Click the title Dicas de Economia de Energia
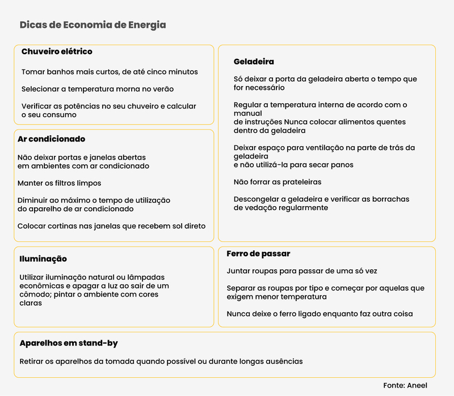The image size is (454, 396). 93,25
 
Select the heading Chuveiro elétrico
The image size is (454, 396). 57,52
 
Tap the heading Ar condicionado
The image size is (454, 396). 51,139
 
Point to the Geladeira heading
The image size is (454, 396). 254,61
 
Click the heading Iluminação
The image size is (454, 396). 43,259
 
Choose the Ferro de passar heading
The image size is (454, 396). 258,254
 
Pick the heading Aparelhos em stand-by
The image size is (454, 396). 69,344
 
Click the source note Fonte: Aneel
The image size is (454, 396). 405,385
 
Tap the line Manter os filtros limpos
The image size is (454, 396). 60,183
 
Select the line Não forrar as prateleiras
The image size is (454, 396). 278,182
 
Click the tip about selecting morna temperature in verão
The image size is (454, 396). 98,89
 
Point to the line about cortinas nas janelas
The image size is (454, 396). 111,226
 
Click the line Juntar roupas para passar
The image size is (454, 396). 302,272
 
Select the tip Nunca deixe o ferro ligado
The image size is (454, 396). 320,314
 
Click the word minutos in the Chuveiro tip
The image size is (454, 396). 181,72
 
